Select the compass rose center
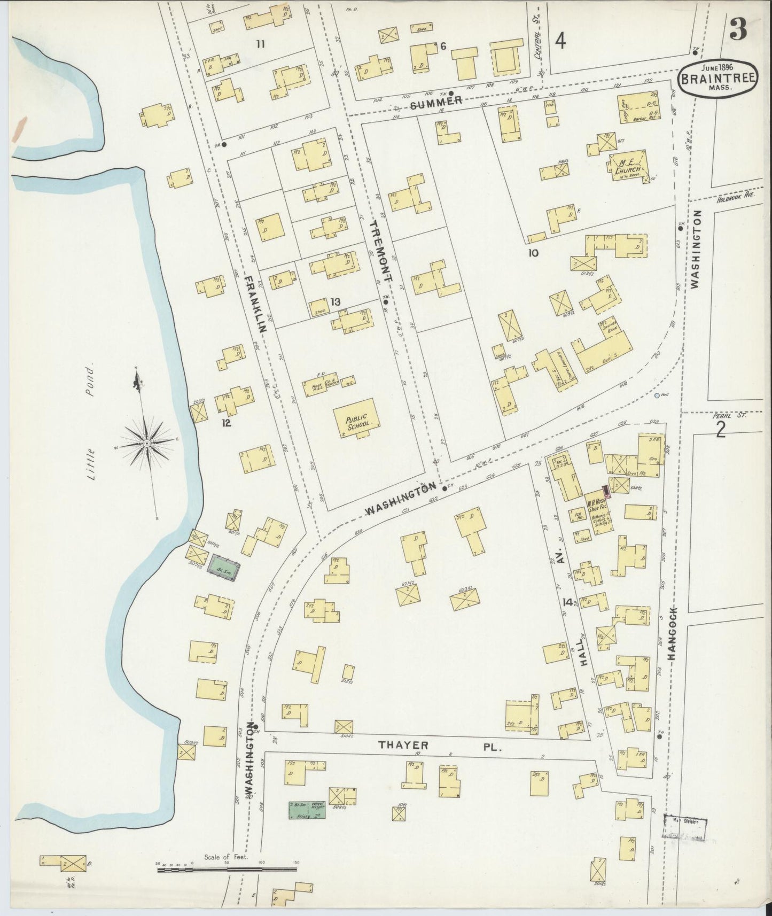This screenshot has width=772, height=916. click(x=146, y=444)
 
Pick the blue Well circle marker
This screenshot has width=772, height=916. click(x=656, y=396)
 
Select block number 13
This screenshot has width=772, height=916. click(x=335, y=302)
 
